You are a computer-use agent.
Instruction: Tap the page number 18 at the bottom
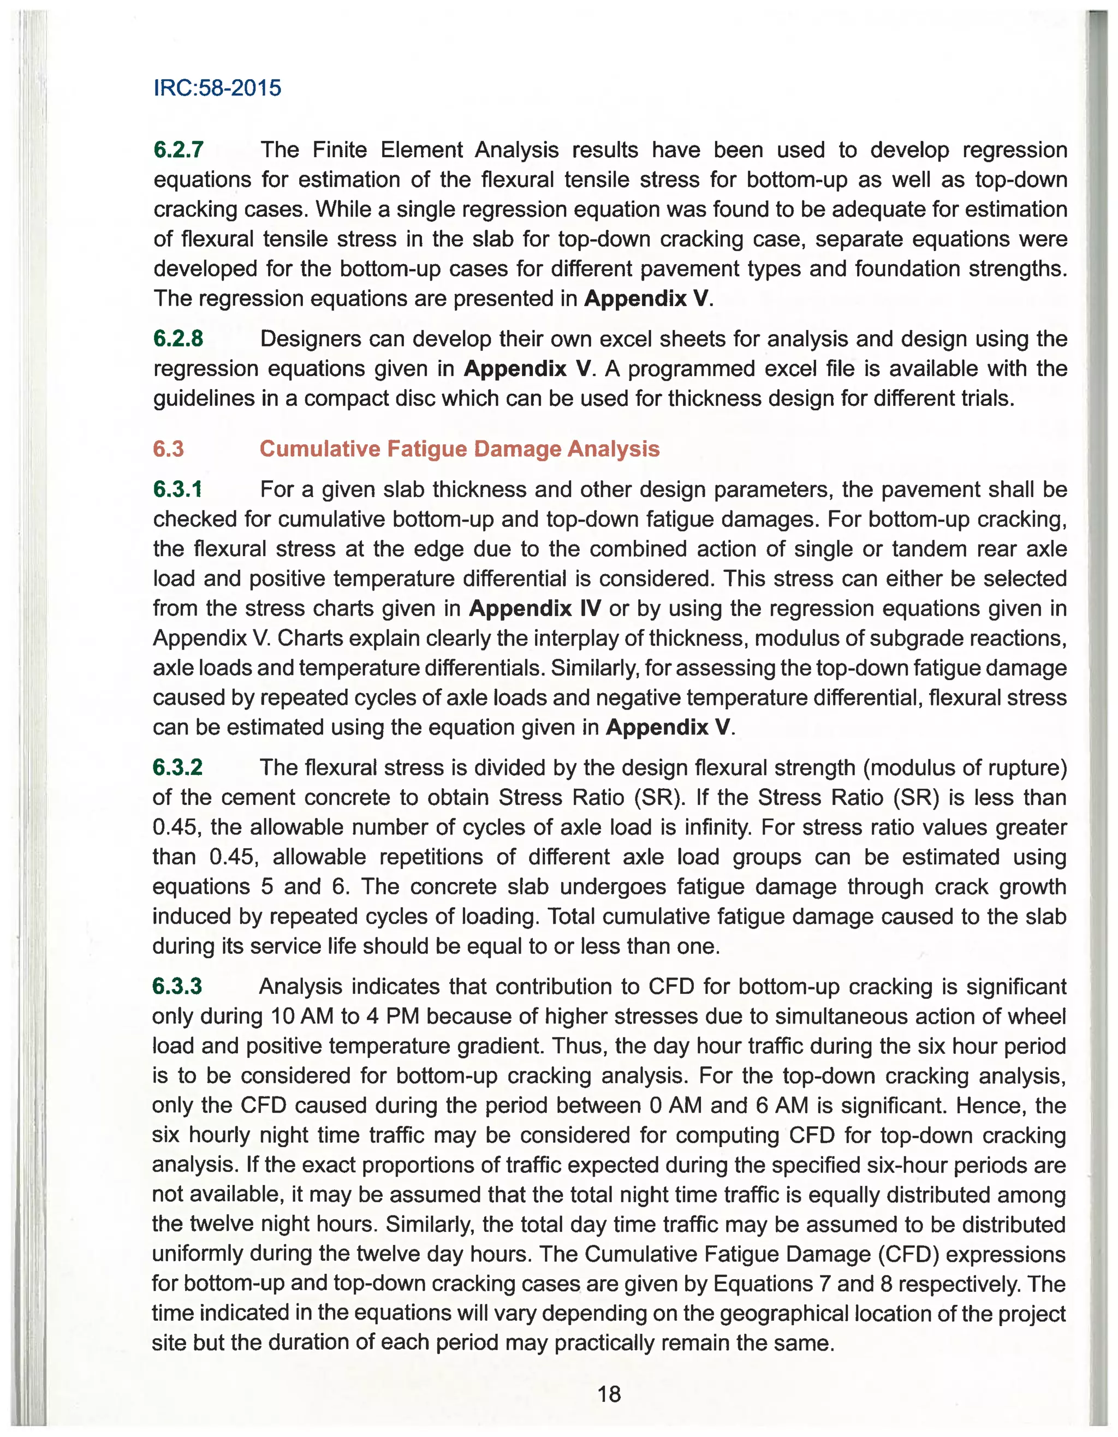pos(609,1393)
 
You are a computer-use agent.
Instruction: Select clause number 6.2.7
pos(179,150)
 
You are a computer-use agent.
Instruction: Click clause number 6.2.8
pos(179,339)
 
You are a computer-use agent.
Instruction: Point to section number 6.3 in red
pos(169,449)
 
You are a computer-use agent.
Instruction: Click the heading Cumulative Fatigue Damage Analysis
pos(459,449)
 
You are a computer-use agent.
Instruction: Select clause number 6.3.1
pos(177,490)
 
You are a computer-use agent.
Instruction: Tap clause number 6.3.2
pos(177,767)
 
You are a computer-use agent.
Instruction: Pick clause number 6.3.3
pos(177,986)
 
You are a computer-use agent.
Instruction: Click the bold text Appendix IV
pos(534,608)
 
